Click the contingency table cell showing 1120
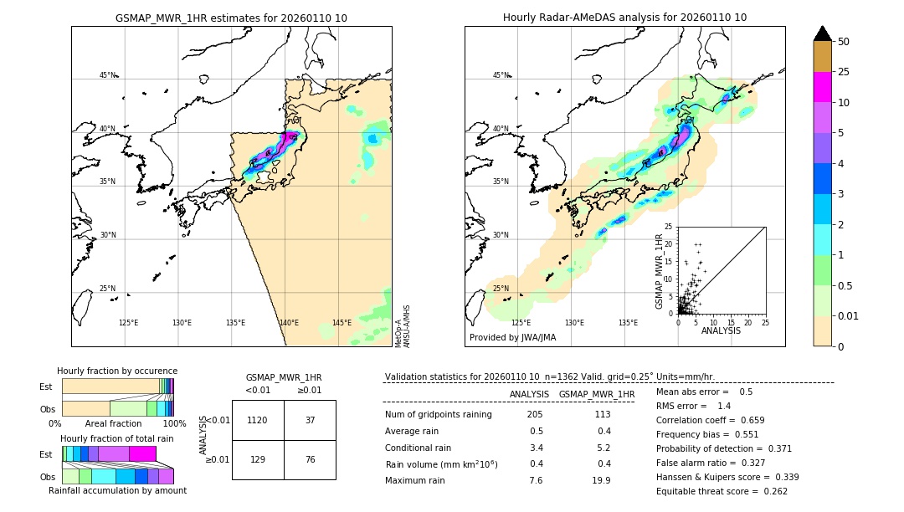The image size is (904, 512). coord(258,420)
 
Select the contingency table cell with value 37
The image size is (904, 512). coord(310,420)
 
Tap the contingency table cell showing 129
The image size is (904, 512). coord(258,459)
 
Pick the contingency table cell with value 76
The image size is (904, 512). coord(310,459)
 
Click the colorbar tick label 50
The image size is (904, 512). coord(844,42)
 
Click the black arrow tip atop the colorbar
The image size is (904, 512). coord(823,32)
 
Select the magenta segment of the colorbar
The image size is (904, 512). coord(823,87)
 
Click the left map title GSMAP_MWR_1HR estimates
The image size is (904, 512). coord(231,18)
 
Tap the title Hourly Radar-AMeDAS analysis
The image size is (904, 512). coord(624,18)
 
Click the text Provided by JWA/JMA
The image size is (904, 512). coord(512,338)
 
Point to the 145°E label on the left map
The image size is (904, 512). coord(342,323)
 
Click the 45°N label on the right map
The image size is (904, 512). coord(501,75)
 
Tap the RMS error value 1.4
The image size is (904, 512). coord(724,406)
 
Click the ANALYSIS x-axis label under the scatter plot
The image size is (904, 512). coord(721,331)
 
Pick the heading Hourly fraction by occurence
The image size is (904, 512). coord(117,371)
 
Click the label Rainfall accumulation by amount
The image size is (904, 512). coord(117,490)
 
